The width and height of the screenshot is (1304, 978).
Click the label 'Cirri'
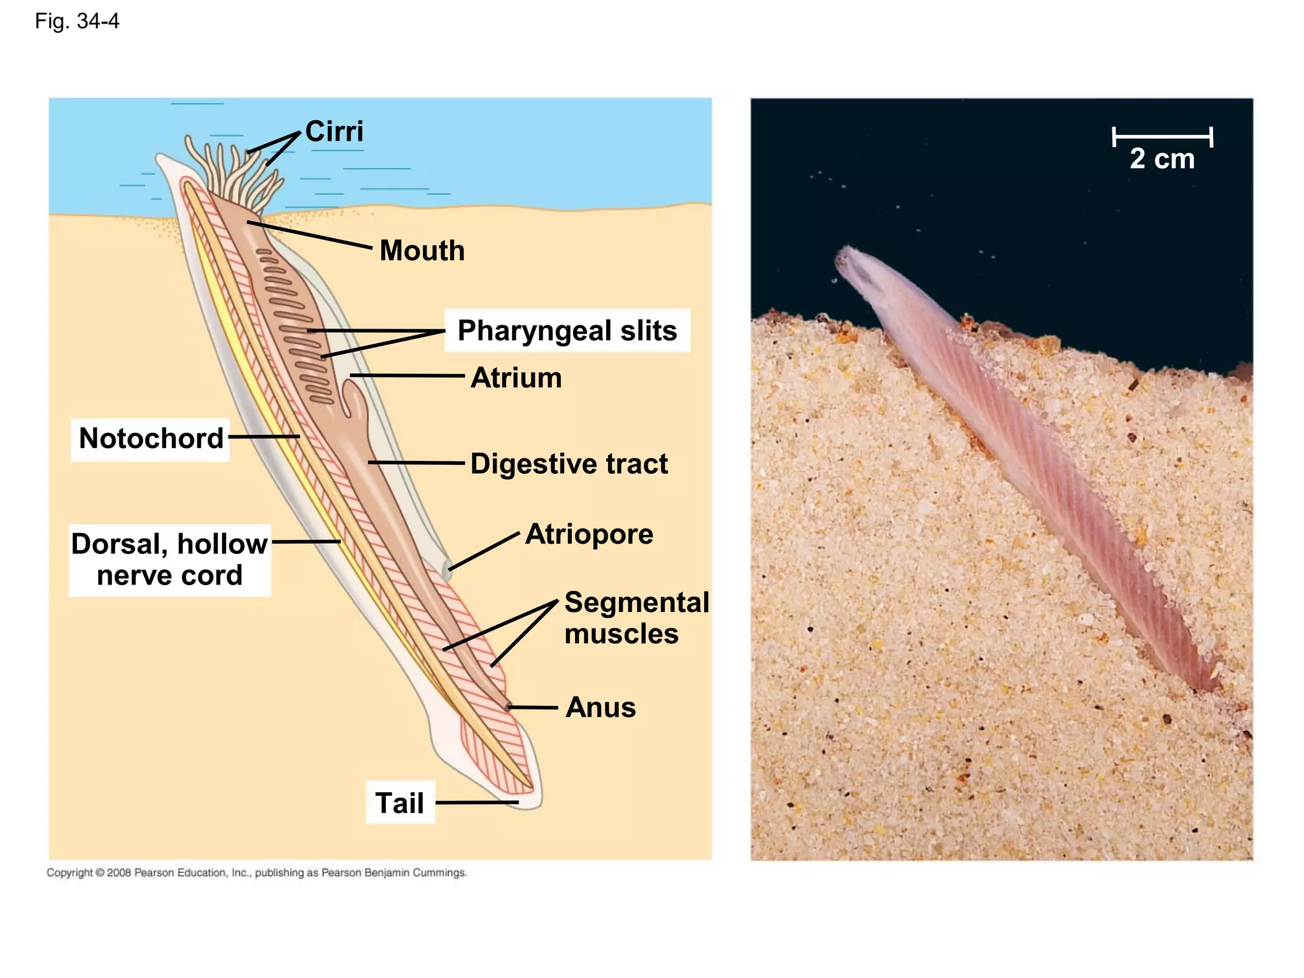tap(334, 132)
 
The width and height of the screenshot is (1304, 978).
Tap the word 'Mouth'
tap(422, 250)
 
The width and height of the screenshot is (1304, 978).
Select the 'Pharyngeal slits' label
tap(567, 330)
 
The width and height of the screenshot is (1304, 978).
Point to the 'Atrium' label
tap(516, 378)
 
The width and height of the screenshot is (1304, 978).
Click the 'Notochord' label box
tap(151, 439)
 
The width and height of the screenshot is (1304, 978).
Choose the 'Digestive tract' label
tap(569, 464)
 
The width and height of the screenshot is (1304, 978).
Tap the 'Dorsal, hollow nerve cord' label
tap(169, 560)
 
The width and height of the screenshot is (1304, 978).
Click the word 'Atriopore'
tap(589, 534)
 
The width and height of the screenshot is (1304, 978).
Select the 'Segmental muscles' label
tap(636, 618)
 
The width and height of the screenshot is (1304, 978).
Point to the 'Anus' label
tap(600, 707)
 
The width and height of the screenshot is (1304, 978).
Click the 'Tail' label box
tap(400, 802)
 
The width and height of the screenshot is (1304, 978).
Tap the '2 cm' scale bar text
tap(1162, 159)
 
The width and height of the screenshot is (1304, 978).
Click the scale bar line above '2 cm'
tap(1162, 136)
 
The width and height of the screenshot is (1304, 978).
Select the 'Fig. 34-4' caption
tap(77, 22)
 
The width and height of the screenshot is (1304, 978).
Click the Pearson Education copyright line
tap(257, 872)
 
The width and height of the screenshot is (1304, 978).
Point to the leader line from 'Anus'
tap(533, 707)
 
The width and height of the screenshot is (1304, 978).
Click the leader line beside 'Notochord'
tap(264, 437)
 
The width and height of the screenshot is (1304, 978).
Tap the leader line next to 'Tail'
tap(477, 802)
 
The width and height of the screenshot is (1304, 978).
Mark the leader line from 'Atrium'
tap(407, 376)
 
